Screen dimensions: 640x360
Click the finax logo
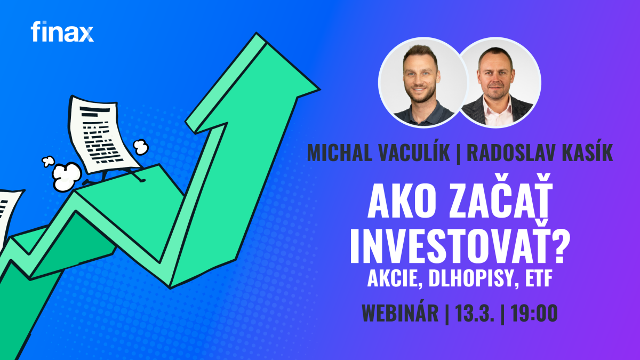(x=62, y=31)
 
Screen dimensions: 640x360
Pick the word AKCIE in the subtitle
(x=393, y=279)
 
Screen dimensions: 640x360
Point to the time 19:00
(x=534, y=313)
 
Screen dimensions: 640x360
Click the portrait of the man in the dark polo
(x=422, y=82)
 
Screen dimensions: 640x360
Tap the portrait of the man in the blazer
(x=499, y=82)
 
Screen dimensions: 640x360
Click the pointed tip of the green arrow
(x=319, y=90)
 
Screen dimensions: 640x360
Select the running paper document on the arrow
(x=105, y=138)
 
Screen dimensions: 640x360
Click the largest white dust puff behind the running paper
(x=67, y=177)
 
